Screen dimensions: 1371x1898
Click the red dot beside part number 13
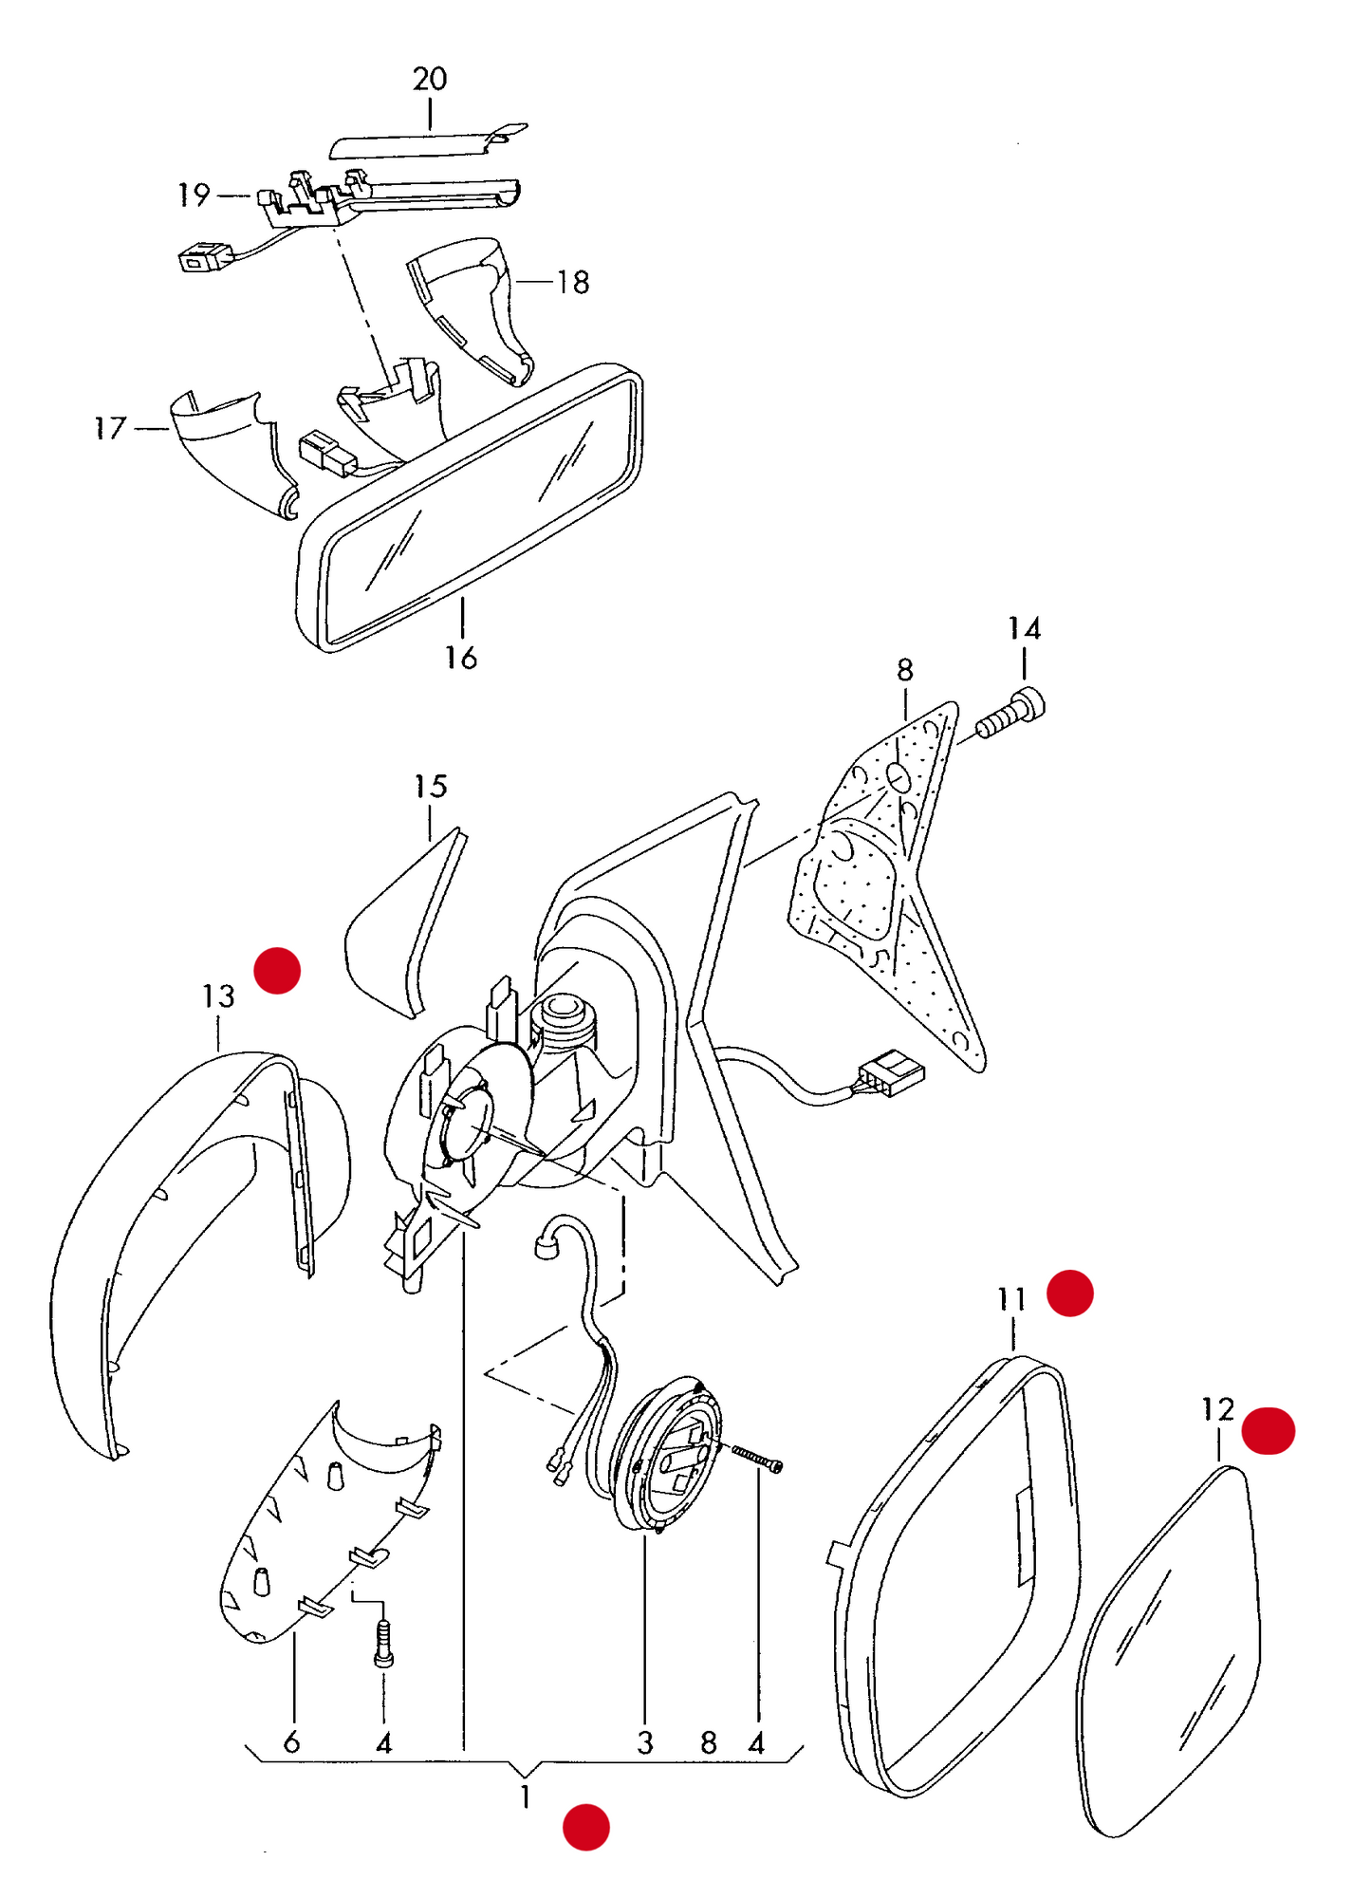(x=277, y=970)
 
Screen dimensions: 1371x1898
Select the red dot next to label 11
(x=1070, y=1293)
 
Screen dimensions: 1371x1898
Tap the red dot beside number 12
(x=1269, y=1430)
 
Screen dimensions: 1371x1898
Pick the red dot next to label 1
(x=586, y=1827)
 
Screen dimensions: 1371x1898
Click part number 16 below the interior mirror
(x=461, y=657)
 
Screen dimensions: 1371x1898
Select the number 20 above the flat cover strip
(x=430, y=79)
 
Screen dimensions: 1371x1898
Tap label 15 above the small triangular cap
(x=430, y=786)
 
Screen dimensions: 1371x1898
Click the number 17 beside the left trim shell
(x=110, y=428)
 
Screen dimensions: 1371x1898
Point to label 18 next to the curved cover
(x=573, y=282)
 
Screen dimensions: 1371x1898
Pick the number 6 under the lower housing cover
(x=291, y=1741)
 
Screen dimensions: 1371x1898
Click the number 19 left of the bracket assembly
(x=195, y=195)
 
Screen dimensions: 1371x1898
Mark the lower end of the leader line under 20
(x=430, y=130)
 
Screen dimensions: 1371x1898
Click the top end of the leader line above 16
(x=463, y=597)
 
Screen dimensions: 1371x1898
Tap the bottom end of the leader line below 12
(x=1219, y=1461)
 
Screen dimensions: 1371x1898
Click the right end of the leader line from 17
(x=169, y=429)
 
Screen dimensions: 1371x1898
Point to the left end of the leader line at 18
(x=513, y=282)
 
